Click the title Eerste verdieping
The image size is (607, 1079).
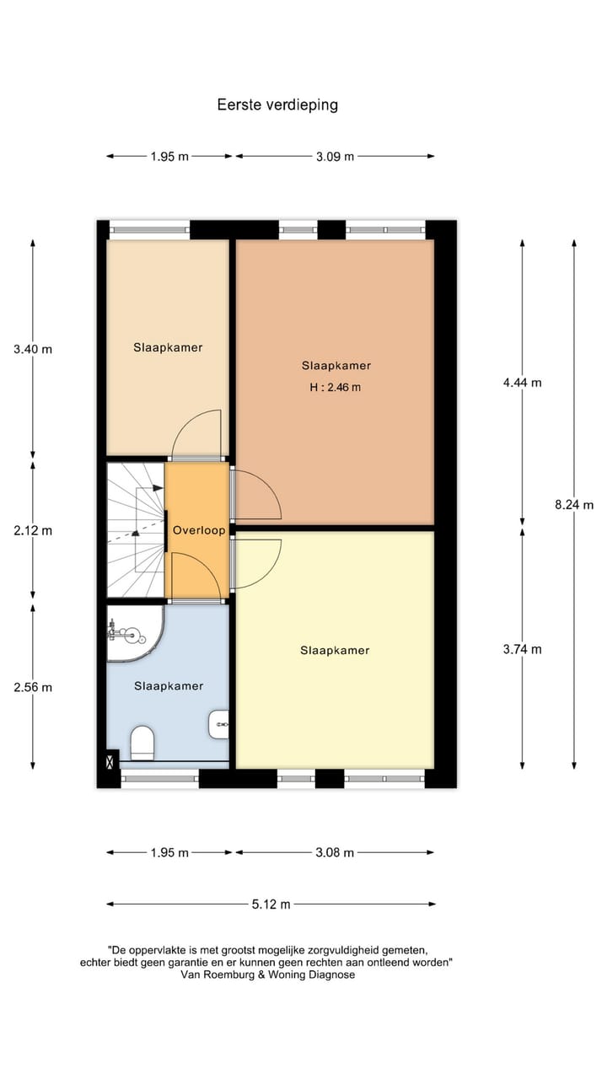coord(277,105)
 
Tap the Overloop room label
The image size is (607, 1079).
coord(199,531)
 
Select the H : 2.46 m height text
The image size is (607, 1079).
coord(336,388)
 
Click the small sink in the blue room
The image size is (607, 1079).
coord(219,722)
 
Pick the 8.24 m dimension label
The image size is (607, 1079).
coord(574,505)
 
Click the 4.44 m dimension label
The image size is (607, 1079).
coord(522,382)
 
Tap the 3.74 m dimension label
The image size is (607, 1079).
coord(522,649)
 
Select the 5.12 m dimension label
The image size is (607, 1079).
coord(271,905)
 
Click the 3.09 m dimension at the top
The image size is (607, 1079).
coord(335,156)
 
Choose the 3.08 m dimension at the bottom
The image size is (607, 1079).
coord(334,852)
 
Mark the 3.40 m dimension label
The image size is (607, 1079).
coord(33,349)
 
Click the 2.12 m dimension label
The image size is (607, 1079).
coord(33,531)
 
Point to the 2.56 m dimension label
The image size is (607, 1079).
coord(33,687)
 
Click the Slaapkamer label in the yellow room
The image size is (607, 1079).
coord(335,650)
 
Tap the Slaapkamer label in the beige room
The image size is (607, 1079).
coord(168,347)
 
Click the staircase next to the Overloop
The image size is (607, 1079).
coord(135,531)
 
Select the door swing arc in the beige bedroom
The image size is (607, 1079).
coord(198,430)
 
